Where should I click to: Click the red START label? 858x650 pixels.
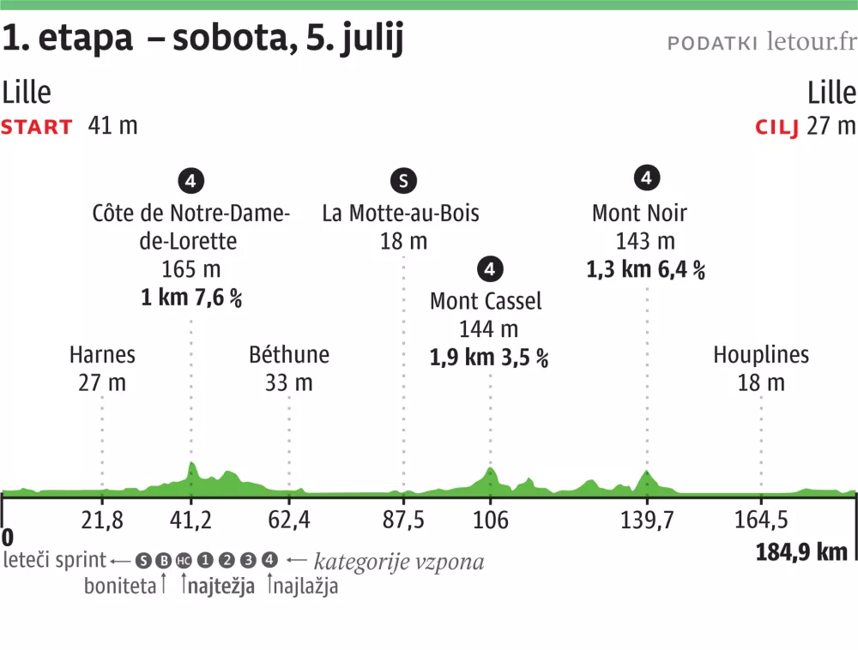point(37,127)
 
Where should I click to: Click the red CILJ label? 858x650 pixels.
point(776,127)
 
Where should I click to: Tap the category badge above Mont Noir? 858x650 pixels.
point(646,178)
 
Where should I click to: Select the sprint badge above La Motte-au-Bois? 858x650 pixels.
point(402,180)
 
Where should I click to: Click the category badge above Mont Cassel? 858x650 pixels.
point(490,268)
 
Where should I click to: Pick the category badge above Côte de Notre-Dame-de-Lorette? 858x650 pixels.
point(190,180)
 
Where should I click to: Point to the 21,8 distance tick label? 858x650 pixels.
point(102,519)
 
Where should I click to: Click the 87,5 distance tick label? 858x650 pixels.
point(403,519)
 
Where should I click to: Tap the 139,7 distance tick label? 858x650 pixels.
point(647,519)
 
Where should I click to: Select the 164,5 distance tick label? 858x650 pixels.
point(761,519)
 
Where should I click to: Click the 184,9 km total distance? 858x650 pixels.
point(801,551)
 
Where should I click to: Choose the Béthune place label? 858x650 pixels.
point(289,354)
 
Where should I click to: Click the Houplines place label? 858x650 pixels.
point(761,354)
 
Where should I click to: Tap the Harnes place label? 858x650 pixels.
point(102,354)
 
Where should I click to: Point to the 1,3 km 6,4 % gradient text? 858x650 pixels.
point(646,270)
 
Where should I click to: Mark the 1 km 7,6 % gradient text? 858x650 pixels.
point(191,298)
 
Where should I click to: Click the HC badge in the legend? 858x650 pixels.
point(184,561)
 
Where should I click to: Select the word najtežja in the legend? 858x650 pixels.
point(221,587)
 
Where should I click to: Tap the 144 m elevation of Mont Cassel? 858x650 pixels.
point(490,329)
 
